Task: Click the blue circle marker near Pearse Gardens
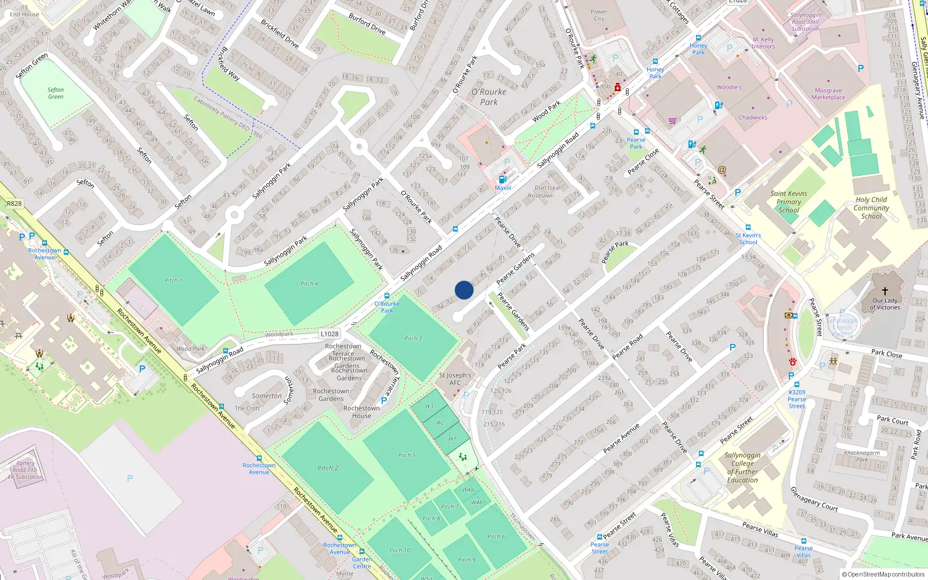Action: pyautogui.click(x=464, y=290)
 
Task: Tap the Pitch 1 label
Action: pyautogui.click(x=173, y=280)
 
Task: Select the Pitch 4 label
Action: pyautogui.click(x=309, y=284)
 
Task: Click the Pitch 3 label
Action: pyautogui.click(x=413, y=338)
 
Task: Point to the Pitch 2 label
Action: pyautogui.click(x=328, y=468)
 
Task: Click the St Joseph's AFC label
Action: pyautogui.click(x=455, y=379)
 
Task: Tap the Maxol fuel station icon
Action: pyautogui.click(x=503, y=179)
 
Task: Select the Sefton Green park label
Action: pyautogui.click(x=56, y=93)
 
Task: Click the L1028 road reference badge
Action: pyautogui.click(x=329, y=333)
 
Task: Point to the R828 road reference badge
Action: pyautogui.click(x=14, y=204)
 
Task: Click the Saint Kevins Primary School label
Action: pyautogui.click(x=788, y=202)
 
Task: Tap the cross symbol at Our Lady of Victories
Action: pyautogui.click(x=885, y=291)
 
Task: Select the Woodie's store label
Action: pyautogui.click(x=729, y=87)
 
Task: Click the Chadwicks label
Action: pyautogui.click(x=753, y=117)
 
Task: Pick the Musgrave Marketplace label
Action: pyautogui.click(x=828, y=94)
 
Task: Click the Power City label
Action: pyautogui.click(x=599, y=15)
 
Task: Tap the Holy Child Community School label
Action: pyautogui.click(x=871, y=208)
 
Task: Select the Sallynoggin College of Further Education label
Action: pyautogui.click(x=742, y=467)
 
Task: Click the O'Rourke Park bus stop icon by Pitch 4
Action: pyautogui.click(x=387, y=296)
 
